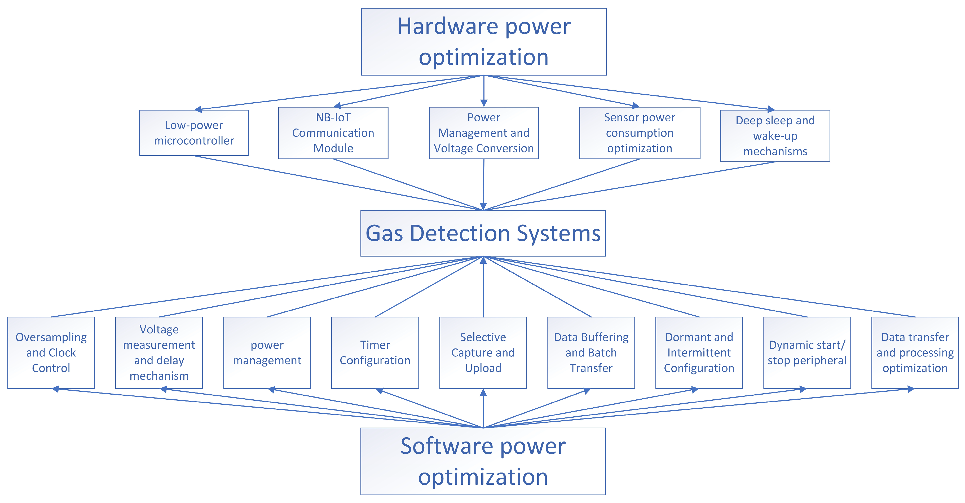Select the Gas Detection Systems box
[x=483, y=233]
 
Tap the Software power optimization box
[x=483, y=461]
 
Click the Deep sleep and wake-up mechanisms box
[x=775, y=136]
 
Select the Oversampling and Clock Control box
[x=51, y=352]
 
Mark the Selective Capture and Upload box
[x=483, y=352]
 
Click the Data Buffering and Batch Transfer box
[x=591, y=352]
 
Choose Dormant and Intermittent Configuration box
[x=699, y=352]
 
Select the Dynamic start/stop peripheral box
[x=807, y=352]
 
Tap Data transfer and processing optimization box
[x=915, y=352]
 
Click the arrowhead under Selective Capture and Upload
[x=483, y=392]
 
